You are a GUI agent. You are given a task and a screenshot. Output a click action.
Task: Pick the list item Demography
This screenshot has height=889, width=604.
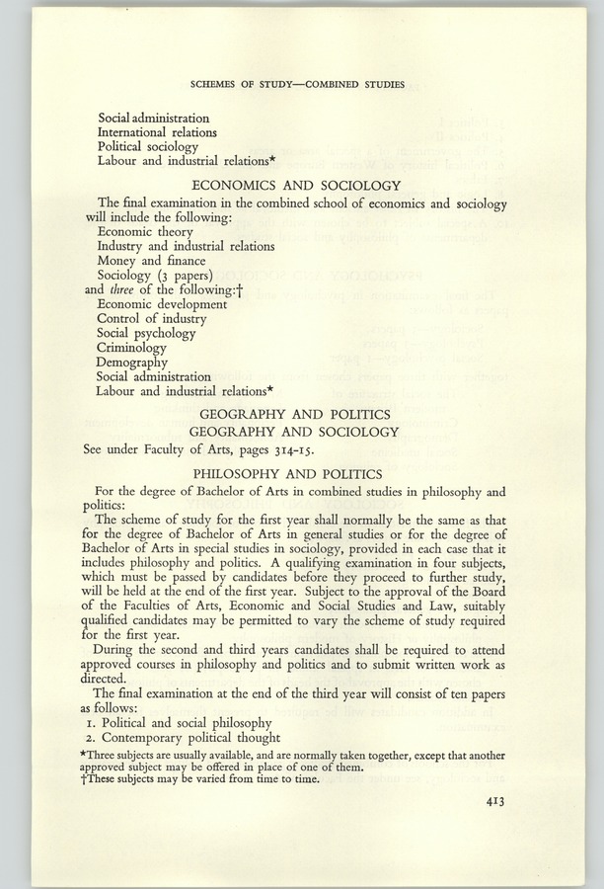[132, 362]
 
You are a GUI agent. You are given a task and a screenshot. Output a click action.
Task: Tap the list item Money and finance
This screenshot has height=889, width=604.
[151, 260]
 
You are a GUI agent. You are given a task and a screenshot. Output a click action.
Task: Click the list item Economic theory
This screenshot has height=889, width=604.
[145, 231]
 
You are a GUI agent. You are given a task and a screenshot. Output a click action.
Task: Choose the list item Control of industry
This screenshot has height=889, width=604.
[152, 318]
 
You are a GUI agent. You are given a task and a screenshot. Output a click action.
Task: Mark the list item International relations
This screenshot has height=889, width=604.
[157, 130]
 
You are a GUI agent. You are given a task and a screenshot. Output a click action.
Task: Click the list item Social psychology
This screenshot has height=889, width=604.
[149, 333]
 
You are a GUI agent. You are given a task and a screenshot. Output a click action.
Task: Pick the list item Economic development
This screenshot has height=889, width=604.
[162, 303]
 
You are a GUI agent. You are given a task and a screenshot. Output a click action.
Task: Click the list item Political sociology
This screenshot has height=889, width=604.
[148, 145]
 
